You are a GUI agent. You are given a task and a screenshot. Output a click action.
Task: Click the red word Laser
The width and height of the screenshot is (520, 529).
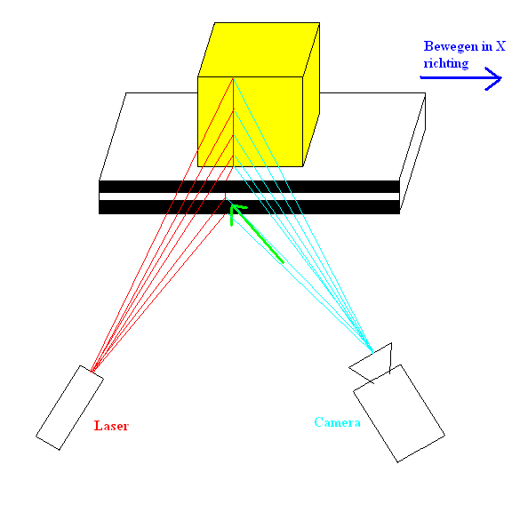(111, 426)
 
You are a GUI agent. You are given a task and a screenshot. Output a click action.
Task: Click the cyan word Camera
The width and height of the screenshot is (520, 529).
(337, 422)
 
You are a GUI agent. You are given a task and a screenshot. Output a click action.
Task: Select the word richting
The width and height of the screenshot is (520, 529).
(446, 63)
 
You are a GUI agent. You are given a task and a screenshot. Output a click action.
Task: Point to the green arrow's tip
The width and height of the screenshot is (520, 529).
(232, 205)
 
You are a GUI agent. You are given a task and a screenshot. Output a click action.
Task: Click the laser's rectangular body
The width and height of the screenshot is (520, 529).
(70, 407)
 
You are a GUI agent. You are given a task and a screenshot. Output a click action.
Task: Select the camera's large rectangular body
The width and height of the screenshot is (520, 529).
(399, 413)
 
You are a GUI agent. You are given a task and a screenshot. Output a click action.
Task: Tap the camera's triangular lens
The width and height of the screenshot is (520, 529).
(374, 363)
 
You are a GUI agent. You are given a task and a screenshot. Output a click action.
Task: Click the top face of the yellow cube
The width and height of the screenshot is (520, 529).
(259, 50)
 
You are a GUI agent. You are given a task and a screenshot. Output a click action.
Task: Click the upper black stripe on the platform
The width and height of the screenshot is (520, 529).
(249, 187)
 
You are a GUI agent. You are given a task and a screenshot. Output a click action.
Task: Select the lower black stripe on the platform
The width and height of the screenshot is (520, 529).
(249, 207)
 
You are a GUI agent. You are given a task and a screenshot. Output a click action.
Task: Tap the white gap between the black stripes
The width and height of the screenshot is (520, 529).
(249, 196)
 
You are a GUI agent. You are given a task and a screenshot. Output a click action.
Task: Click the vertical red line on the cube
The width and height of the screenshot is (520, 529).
(234, 122)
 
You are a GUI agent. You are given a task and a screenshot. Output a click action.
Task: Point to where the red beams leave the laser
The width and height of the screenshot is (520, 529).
(92, 371)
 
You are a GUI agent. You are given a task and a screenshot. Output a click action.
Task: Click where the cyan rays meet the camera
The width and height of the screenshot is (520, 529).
(372, 352)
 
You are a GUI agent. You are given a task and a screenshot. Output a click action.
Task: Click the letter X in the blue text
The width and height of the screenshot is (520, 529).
(500, 46)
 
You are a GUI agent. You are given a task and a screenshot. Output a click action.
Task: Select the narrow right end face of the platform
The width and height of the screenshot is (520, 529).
(412, 154)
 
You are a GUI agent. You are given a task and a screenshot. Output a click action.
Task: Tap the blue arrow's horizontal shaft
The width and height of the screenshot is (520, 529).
(460, 78)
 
